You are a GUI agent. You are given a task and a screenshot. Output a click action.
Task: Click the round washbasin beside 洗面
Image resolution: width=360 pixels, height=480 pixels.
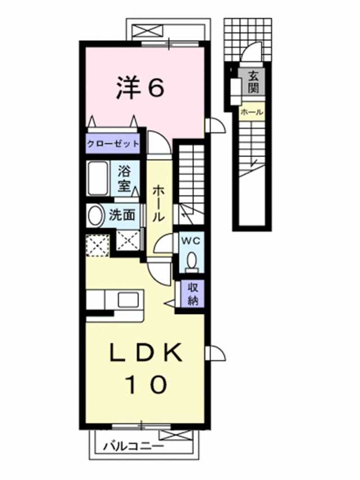pos(96,214)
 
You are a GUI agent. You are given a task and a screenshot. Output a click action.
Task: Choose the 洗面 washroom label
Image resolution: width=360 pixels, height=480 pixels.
pos(122,214)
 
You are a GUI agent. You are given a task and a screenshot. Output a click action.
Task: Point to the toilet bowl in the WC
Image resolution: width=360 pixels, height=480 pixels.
pos(191,261)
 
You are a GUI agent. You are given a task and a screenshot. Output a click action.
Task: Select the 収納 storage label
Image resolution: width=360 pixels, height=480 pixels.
pos(192,293)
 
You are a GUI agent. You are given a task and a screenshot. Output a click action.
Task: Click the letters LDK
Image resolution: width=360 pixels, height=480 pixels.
pos(145,353)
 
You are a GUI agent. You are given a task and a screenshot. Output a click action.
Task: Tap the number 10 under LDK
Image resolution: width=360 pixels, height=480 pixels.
pos(145,385)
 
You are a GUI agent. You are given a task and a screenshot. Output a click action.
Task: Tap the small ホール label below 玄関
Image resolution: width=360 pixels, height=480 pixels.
pos(251,113)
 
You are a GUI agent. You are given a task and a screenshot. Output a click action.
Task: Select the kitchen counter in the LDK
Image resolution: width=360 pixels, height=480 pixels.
pos(116,299)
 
